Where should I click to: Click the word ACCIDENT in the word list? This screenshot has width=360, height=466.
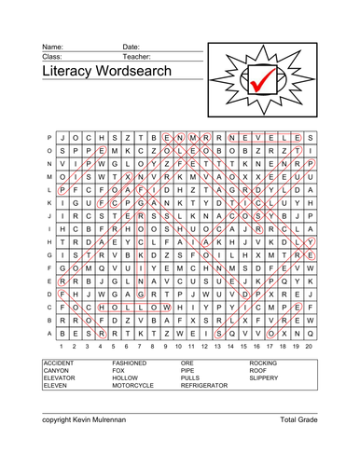pos(58,362)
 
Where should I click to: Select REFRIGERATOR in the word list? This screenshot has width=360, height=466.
pos(204,385)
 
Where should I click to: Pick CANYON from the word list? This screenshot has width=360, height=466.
pos(55,369)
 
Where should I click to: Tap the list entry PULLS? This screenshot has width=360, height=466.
pos(191,377)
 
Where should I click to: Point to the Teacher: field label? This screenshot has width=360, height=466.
pos(138,56)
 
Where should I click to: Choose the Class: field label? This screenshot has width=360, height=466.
pos(52,56)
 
